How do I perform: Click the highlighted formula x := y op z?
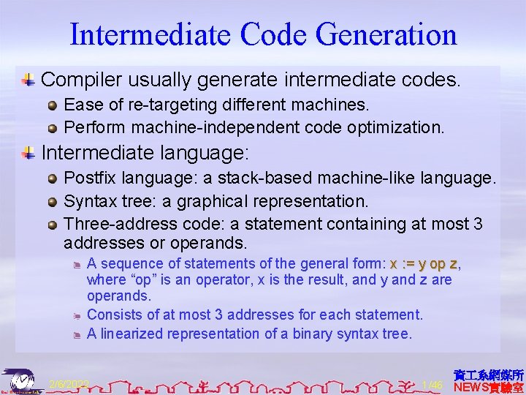(424, 263)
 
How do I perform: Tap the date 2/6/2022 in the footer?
(69, 384)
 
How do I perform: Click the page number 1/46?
(432, 384)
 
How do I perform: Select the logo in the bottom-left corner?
(22, 380)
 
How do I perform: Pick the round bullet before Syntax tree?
(53, 201)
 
